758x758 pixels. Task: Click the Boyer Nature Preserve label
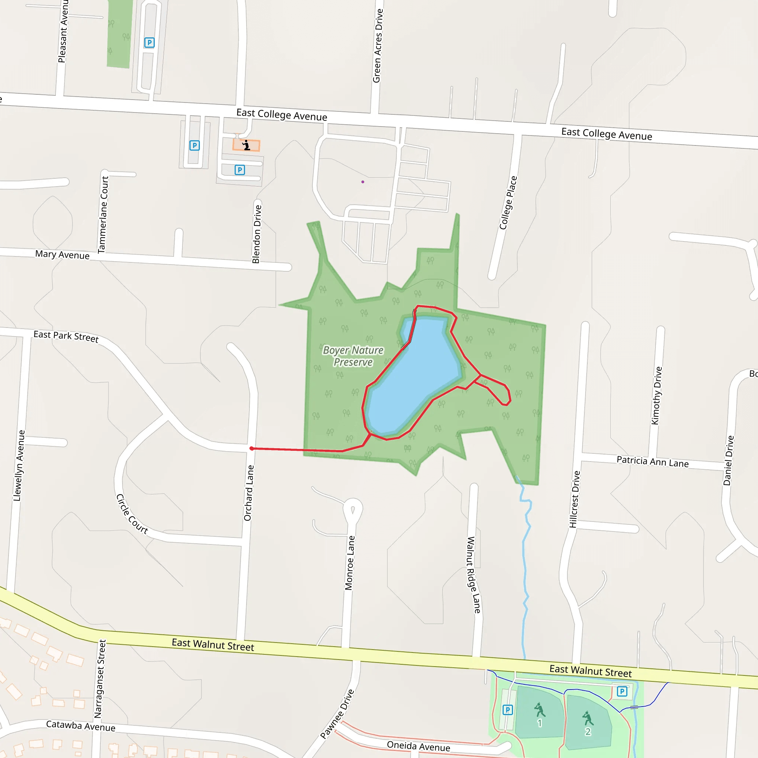[353, 356]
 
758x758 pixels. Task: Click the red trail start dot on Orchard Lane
[251, 449]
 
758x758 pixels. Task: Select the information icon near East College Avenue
[246, 145]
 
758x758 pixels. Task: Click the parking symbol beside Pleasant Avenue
[149, 42]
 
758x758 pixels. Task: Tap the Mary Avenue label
[63, 255]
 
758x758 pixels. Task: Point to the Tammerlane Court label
[103, 214]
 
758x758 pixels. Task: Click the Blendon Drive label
[256, 234]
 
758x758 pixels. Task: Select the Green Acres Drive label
[378, 46]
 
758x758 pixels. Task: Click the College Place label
[508, 202]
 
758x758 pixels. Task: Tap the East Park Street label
[66, 336]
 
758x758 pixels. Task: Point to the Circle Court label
[132, 514]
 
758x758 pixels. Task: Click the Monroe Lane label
[349, 563]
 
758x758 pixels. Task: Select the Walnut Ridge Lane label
[473, 575]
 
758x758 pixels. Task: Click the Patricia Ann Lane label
[653, 462]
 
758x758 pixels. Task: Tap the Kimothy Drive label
[656, 396]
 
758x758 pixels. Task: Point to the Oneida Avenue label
[418, 746]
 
